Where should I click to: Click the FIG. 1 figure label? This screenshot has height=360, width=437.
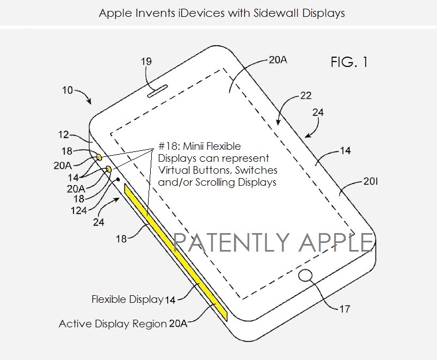tap(349, 62)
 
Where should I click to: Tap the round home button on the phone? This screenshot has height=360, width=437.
tap(305, 276)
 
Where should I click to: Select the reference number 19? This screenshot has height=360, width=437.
tap(146, 61)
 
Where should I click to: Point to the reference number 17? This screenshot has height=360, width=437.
tap(344, 309)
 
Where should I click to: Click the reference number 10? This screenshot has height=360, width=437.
tap(67, 90)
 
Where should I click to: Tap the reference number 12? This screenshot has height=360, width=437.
tap(64, 135)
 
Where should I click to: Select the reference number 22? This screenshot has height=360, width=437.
tap(306, 96)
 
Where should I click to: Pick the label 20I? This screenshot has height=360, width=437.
tap(371, 181)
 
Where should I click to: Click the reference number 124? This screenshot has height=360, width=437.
tap(79, 210)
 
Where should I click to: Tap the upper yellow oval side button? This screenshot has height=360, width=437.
tap(99, 157)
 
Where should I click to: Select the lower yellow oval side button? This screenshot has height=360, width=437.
tap(109, 169)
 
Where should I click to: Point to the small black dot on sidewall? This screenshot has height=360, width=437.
tap(119, 179)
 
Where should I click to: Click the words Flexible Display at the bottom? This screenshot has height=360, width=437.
tap(128, 299)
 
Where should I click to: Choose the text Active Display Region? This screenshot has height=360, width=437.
tap(113, 324)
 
